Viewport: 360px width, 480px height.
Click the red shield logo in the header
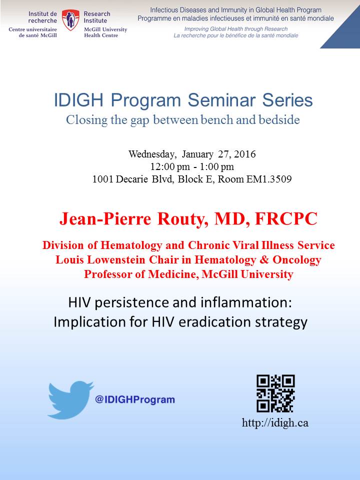[x=70, y=20]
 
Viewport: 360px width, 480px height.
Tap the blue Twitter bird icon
[x=71, y=399]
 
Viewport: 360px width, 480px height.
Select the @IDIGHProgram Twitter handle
[x=135, y=399]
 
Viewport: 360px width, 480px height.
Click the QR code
[x=275, y=393]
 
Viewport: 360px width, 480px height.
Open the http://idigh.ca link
[x=275, y=423]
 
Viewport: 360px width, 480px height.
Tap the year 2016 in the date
[x=245, y=154]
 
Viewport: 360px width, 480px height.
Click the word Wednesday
[x=152, y=154]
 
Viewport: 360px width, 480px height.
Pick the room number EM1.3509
[x=269, y=179]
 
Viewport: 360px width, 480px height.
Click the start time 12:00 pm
[x=170, y=166]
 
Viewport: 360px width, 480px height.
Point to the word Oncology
[x=296, y=260]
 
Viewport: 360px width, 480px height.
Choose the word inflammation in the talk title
[x=246, y=302]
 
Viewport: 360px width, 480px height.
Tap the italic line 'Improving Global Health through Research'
[x=235, y=29]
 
